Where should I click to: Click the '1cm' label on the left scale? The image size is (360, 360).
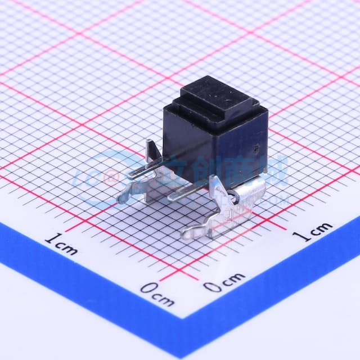61,245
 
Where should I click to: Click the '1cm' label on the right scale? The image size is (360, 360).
315,231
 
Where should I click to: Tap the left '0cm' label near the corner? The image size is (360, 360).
157,292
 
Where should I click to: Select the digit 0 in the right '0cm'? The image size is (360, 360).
211,287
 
